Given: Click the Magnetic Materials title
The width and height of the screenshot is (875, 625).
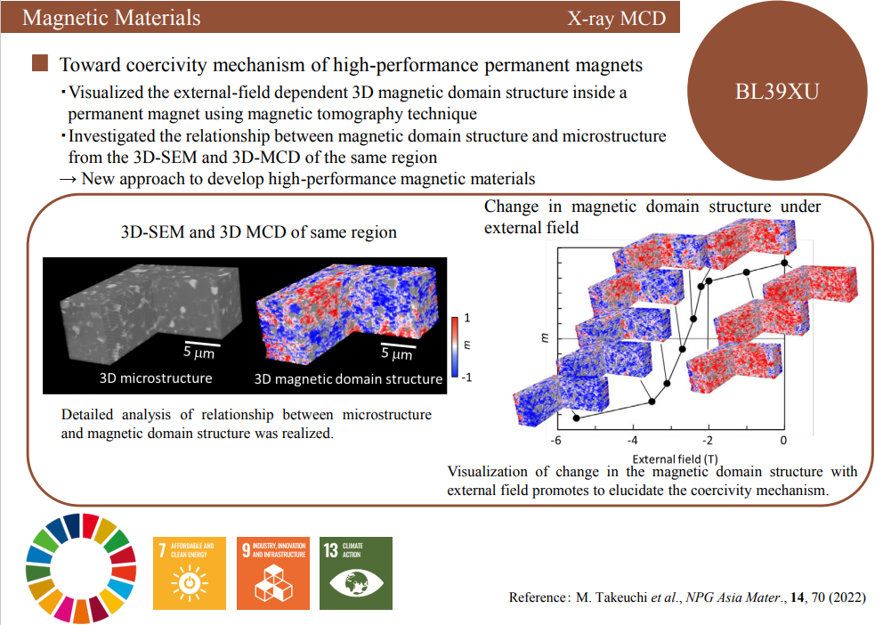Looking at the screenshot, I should [x=111, y=18].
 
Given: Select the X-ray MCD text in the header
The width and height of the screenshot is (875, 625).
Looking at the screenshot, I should [x=616, y=18].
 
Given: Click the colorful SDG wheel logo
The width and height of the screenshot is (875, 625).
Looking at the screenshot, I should [x=82, y=567].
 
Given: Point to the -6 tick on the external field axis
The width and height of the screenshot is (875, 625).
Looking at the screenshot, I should [x=556, y=441].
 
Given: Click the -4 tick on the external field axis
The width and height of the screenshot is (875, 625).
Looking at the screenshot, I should [x=632, y=441].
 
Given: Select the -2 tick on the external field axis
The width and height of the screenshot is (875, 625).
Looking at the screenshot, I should [x=707, y=441].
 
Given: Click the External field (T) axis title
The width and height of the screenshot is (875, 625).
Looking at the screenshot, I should [x=668, y=458].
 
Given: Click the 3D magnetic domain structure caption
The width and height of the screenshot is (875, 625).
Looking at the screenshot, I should [x=348, y=378].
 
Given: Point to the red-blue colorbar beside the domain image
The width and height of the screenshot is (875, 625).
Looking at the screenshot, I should [x=455, y=346].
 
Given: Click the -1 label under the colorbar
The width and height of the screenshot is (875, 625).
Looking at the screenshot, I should [x=467, y=377].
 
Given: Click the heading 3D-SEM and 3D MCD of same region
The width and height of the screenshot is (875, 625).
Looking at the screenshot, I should [x=259, y=232].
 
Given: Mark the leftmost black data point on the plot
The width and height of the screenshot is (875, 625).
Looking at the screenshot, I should [x=576, y=418].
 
